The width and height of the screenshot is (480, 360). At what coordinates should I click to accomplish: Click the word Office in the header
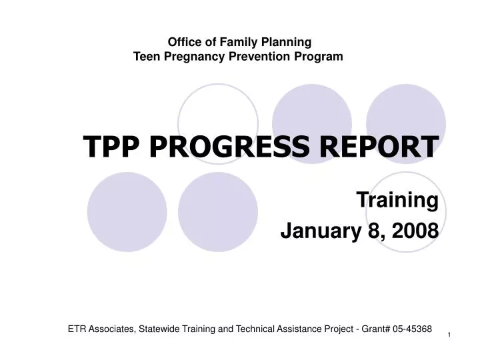click(x=181, y=43)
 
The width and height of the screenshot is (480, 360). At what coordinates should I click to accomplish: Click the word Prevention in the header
click(x=257, y=57)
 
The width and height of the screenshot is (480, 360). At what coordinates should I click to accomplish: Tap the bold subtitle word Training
click(x=397, y=199)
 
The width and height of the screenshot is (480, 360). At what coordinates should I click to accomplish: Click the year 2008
click(x=415, y=231)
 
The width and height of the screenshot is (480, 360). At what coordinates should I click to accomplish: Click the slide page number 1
click(x=449, y=334)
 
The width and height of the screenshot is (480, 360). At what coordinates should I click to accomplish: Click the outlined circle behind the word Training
click(x=407, y=213)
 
